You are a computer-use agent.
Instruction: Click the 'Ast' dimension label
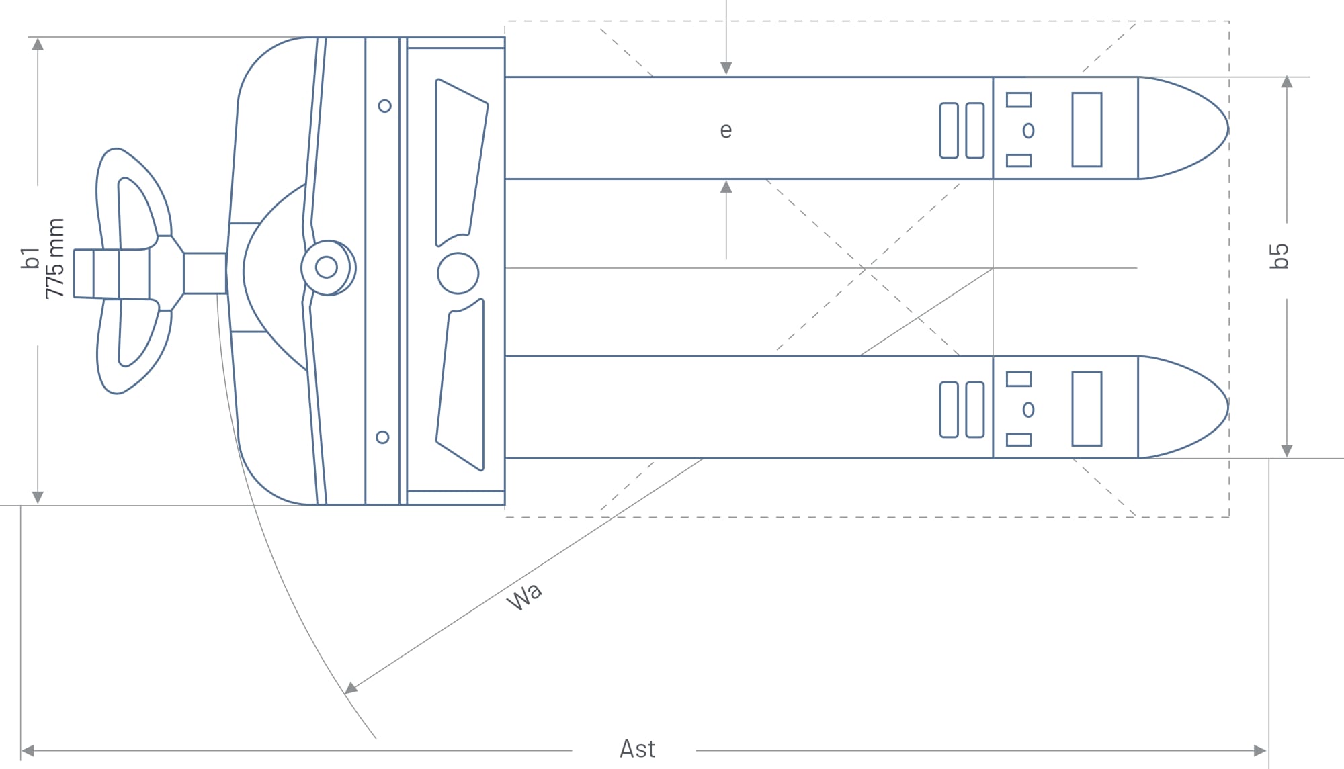coord(637,749)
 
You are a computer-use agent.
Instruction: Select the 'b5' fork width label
coord(1279,256)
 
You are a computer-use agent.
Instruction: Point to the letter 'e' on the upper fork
coord(726,130)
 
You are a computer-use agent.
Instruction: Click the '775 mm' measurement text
coord(54,259)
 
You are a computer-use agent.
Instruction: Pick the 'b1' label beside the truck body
coord(30,259)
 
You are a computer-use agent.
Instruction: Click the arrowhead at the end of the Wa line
coord(351,688)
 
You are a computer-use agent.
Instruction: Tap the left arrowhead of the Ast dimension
coord(28,750)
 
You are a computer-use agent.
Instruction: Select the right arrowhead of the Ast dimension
coord(1261,750)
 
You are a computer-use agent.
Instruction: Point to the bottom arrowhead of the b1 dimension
coord(38,498)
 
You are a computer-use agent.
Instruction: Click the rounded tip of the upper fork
coord(1227,128)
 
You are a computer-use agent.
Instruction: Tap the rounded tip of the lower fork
coord(1227,407)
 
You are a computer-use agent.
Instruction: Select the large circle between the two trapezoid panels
coord(458,273)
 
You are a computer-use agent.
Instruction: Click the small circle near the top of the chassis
coord(385,106)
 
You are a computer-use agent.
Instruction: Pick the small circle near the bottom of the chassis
coord(382,437)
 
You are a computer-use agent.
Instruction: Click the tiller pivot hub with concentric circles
coord(328,267)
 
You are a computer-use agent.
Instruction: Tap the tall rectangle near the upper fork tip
coord(1087,130)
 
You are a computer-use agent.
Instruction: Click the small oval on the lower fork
coord(1028,410)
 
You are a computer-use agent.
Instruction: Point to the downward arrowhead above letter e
coord(726,69)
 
